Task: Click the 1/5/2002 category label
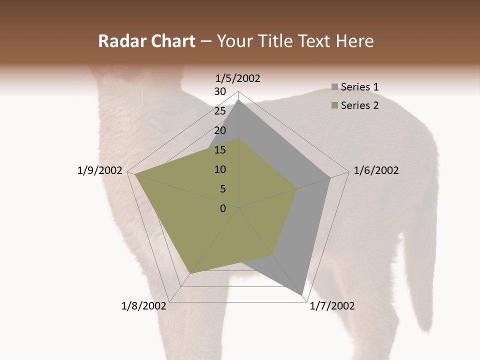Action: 237,78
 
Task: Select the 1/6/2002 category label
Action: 376,170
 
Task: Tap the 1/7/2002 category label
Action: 332,306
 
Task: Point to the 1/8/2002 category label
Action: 144,306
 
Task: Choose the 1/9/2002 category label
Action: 99,170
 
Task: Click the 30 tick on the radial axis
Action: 220,91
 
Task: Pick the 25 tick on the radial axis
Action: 220,111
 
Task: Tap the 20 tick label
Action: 220,130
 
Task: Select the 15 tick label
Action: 220,150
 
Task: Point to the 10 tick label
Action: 220,169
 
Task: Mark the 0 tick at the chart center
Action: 223,208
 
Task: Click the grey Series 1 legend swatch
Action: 334,87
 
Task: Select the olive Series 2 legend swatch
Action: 334,105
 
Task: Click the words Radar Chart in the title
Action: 146,41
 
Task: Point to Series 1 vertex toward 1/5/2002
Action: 238,100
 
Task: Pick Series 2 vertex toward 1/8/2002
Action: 190,273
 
